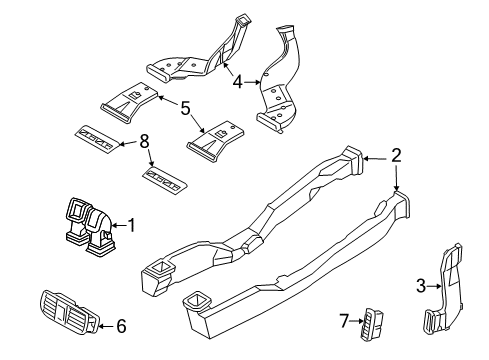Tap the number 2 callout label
396,155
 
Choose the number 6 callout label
122,324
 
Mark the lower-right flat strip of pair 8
162,179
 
